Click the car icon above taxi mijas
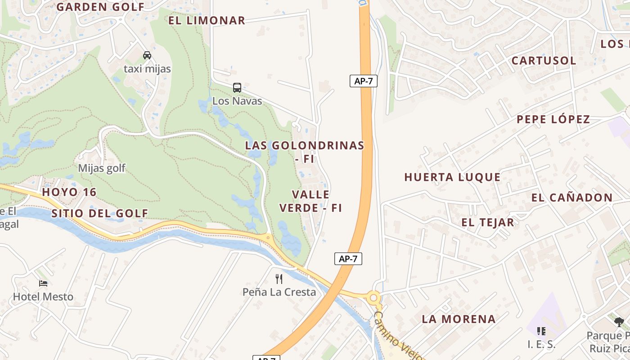coord(147,55)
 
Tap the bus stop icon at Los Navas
coord(237,87)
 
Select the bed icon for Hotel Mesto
coord(43,283)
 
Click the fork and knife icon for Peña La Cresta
coord(279,279)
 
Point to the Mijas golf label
coord(102,168)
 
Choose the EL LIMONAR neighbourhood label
coord(207,20)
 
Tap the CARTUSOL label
coord(544,60)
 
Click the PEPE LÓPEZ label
coord(553,119)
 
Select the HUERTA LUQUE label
coord(452,177)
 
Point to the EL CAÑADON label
coord(571,198)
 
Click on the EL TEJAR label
coord(487,222)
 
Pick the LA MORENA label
coord(459,319)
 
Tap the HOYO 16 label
coord(69,192)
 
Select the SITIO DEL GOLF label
coord(99,213)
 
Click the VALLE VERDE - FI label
coord(310,201)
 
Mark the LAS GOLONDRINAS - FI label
coord(304,152)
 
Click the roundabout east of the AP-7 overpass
coord(373,297)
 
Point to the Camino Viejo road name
coord(398,335)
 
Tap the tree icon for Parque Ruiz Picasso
coord(619,322)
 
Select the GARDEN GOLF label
coord(100,7)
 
